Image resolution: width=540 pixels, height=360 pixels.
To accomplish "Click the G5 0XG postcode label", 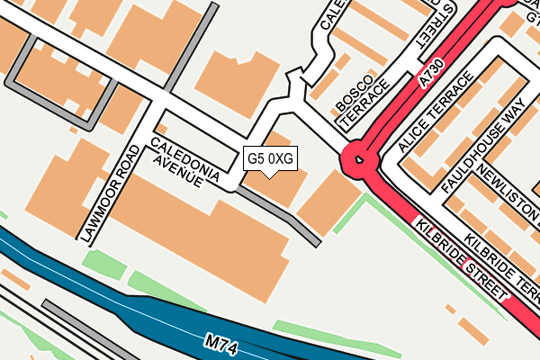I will (x=270, y=158).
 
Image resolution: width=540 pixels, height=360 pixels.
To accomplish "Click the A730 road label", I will (x=434, y=79).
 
